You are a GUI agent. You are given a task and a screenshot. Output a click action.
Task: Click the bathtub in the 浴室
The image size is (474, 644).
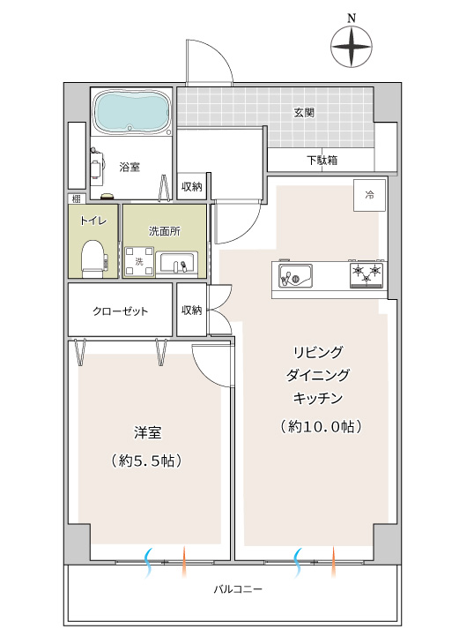[131, 111]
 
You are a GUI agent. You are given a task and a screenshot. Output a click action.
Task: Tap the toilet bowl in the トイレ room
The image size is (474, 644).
[93, 258]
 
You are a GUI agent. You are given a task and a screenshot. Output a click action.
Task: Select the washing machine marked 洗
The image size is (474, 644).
[139, 261]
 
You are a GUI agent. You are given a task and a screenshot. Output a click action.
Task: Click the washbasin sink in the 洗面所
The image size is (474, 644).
[179, 263]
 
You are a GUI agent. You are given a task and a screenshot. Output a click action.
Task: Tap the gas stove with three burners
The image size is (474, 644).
[367, 274]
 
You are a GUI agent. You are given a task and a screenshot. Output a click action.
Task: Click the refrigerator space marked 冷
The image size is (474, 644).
[369, 195]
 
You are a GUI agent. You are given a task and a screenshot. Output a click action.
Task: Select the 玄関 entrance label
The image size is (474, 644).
[304, 112]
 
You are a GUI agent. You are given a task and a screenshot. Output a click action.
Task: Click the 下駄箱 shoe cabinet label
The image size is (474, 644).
[322, 160]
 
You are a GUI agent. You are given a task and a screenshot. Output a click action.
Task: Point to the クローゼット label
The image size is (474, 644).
[120, 311]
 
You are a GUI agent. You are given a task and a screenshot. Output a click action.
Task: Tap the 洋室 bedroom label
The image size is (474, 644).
[148, 433]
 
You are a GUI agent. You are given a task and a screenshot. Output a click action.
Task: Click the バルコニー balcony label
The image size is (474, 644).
[238, 590]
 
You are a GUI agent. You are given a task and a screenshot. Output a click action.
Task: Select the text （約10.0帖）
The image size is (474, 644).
[321, 427]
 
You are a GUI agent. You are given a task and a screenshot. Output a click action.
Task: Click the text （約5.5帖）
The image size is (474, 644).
[146, 461]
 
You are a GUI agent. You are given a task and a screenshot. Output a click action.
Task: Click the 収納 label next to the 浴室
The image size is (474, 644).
[192, 187]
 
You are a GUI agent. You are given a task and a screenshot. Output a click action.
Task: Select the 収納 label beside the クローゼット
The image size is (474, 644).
[192, 310]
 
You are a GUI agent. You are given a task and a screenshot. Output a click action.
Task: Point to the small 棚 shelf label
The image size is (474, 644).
[77, 199]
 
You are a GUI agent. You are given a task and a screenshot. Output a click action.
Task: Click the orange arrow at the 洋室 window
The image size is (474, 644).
[183, 562]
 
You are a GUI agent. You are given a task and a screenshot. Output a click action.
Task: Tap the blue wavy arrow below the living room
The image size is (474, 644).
[298, 563]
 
